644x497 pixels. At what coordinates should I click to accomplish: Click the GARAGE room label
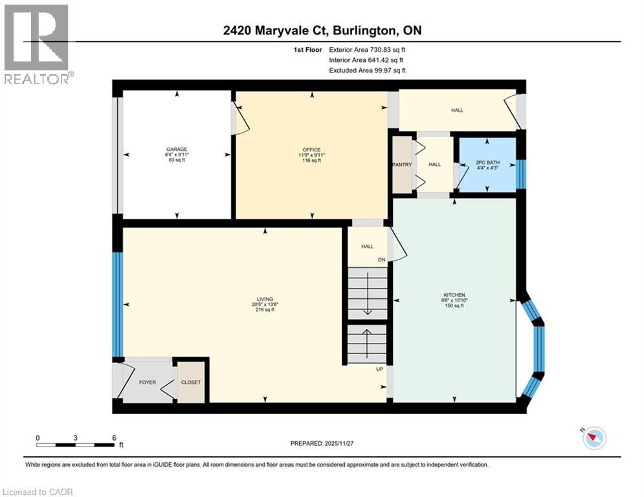177,149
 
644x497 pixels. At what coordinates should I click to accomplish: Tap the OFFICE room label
313,149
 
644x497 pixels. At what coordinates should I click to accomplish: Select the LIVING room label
264,299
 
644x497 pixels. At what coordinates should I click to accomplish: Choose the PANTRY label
402,164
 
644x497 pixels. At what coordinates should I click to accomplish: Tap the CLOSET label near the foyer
191,382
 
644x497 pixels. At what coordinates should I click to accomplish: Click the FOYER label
148,382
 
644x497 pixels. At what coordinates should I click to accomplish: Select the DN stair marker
382,261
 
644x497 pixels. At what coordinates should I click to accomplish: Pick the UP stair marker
381,369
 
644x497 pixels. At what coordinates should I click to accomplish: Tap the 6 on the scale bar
114,437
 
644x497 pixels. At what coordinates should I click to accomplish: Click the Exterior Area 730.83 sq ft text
367,49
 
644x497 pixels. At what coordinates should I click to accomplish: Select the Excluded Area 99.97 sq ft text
367,70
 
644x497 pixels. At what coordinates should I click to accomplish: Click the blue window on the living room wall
117,304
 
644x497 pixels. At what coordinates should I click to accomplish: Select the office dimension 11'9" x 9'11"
313,155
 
